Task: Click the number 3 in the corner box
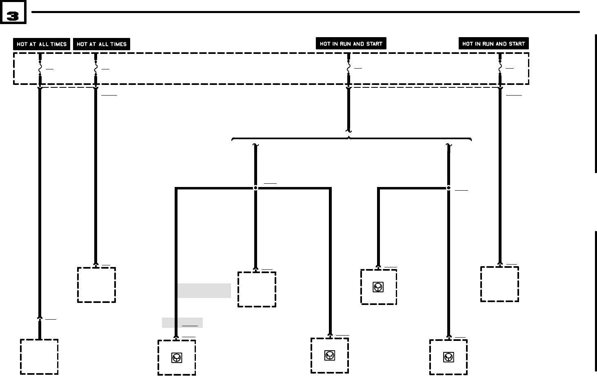13,16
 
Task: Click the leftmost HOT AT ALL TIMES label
42,44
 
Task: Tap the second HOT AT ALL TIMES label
102,44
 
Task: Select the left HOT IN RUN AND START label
351,44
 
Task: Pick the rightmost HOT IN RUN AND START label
493,44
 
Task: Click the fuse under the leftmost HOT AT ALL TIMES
40,68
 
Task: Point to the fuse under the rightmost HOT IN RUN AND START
500,68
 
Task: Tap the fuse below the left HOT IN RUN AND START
348,68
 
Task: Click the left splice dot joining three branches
255,188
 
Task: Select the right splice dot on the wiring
448,188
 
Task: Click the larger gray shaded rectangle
204,291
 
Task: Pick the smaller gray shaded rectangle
182,323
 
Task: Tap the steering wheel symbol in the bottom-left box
176,358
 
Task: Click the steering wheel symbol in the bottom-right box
448,357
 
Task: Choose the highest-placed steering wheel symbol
378,287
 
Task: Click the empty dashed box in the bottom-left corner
39,356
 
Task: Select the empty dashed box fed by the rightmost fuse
499,284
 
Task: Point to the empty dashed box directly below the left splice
257,289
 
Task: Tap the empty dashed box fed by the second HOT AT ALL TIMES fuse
96,285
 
